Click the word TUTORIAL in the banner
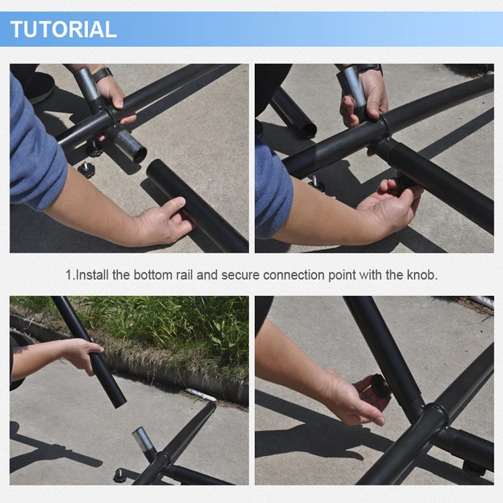coord(64,30)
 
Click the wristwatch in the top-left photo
coord(103,74)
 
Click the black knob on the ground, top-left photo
coord(86,169)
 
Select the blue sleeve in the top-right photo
coord(274,189)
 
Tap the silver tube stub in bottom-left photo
coord(144,439)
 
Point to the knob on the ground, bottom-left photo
coord(121,475)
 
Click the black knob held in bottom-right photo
coord(380,385)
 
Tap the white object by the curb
coord(201,394)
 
